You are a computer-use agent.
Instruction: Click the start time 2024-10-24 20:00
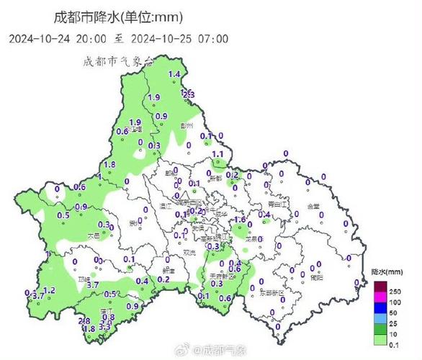point(59,38)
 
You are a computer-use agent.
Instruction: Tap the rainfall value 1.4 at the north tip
point(174,75)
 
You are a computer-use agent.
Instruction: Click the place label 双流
point(189,252)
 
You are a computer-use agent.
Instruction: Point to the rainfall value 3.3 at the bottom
point(104,326)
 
